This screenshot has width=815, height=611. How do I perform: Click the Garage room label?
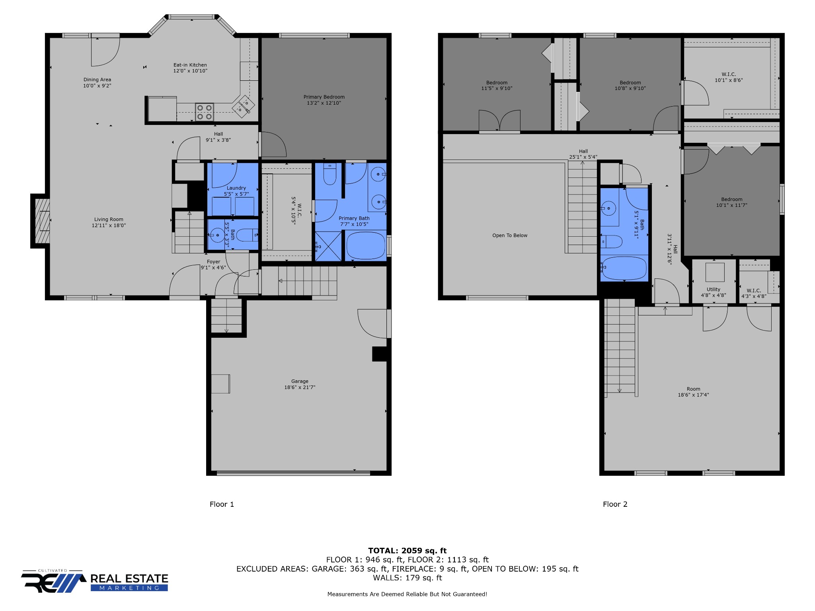[x=300, y=381]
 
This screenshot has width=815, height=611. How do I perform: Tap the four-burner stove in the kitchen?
[x=204, y=112]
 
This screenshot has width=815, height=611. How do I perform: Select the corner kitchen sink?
[x=243, y=106]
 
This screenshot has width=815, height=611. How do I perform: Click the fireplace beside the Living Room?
[x=41, y=221]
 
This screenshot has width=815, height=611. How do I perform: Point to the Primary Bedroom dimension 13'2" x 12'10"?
[x=324, y=103]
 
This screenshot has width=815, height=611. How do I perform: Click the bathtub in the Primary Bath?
[x=365, y=246]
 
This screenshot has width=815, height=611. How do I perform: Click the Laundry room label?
[x=236, y=188]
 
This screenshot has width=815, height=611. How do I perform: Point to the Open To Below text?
[x=510, y=235]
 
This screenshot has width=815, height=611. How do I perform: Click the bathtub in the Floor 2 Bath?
[x=624, y=268]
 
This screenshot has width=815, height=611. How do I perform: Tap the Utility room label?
[x=713, y=289]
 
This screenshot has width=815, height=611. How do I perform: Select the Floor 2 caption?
[x=615, y=504]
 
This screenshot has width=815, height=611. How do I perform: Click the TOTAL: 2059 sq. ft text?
[x=407, y=551]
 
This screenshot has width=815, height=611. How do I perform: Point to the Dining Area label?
[x=97, y=80]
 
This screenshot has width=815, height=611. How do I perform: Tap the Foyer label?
[x=213, y=262]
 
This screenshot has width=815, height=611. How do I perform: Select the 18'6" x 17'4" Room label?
[x=693, y=392]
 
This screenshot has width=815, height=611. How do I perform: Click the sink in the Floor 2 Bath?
[x=608, y=208]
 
